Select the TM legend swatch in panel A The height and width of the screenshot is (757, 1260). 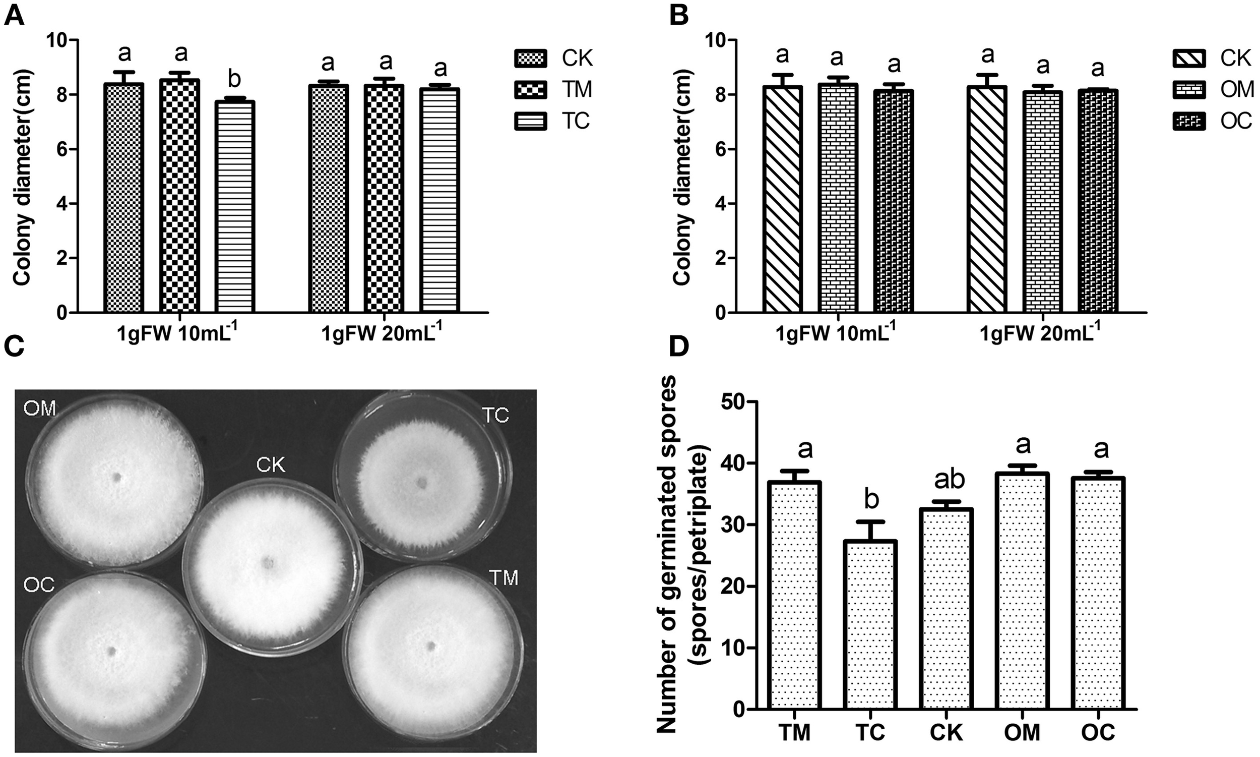pyautogui.click(x=530, y=90)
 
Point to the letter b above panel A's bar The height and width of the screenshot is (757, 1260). pyautogui.click(x=235, y=81)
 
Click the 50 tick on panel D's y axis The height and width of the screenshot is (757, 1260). pyautogui.click(x=732, y=402)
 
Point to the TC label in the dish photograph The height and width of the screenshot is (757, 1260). pyautogui.click(x=495, y=416)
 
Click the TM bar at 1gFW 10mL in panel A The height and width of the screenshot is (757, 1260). pyautogui.click(x=179, y=196)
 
